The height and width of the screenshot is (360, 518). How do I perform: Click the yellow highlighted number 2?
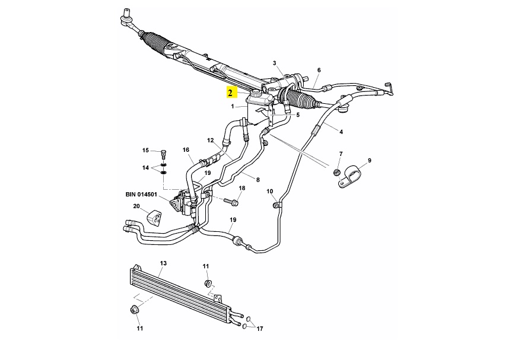click(230, 93)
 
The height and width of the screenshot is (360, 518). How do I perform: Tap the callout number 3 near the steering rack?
click(275, 63)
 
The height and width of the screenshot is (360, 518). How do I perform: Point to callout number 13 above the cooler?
click(164, 263)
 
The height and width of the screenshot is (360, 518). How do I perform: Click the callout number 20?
click(136, 207)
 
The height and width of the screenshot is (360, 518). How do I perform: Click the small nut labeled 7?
click(336, 172)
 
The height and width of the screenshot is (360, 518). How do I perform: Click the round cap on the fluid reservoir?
click(257, 94)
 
